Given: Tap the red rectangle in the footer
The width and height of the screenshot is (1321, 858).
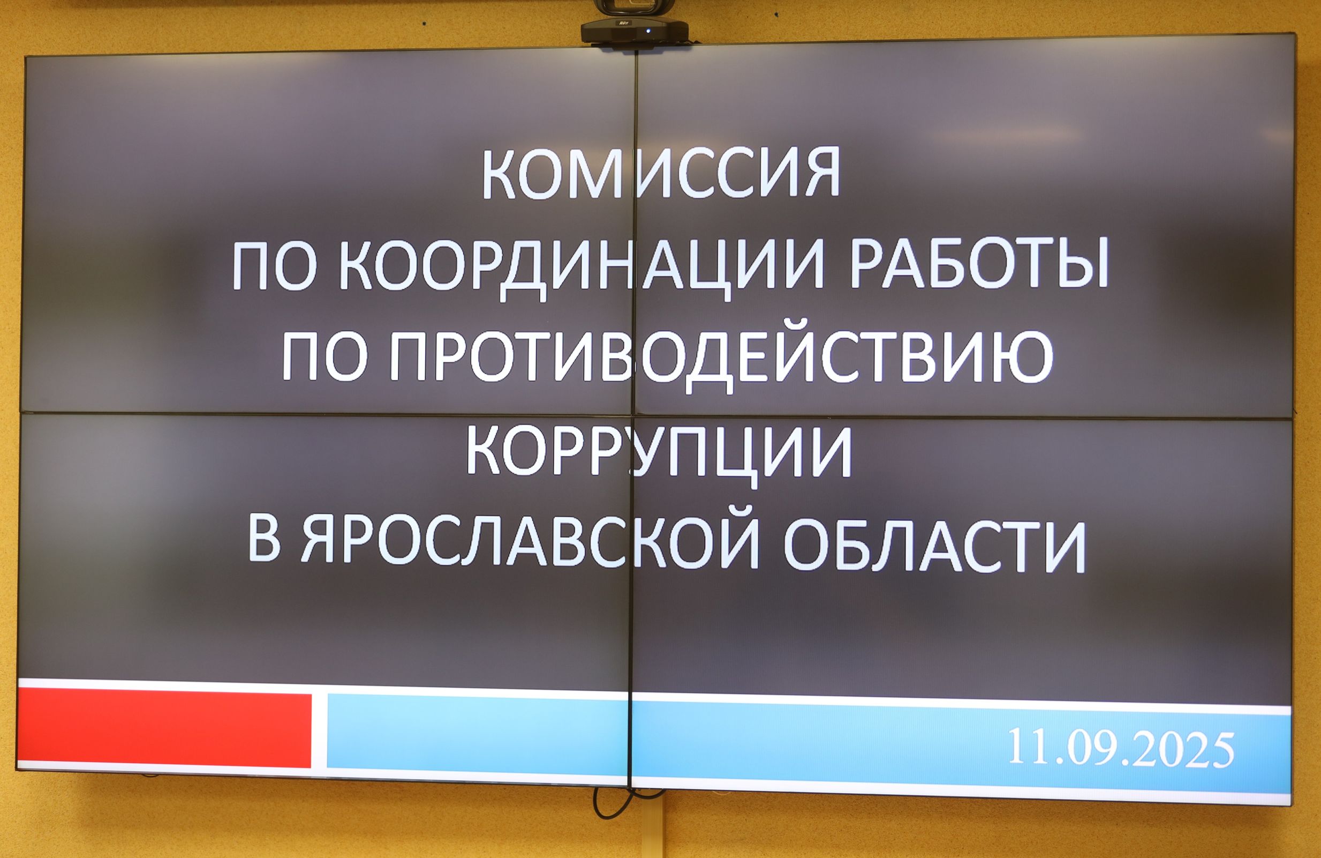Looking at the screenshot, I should point(164,730).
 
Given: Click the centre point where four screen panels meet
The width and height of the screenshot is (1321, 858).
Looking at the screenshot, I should point(633,414).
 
